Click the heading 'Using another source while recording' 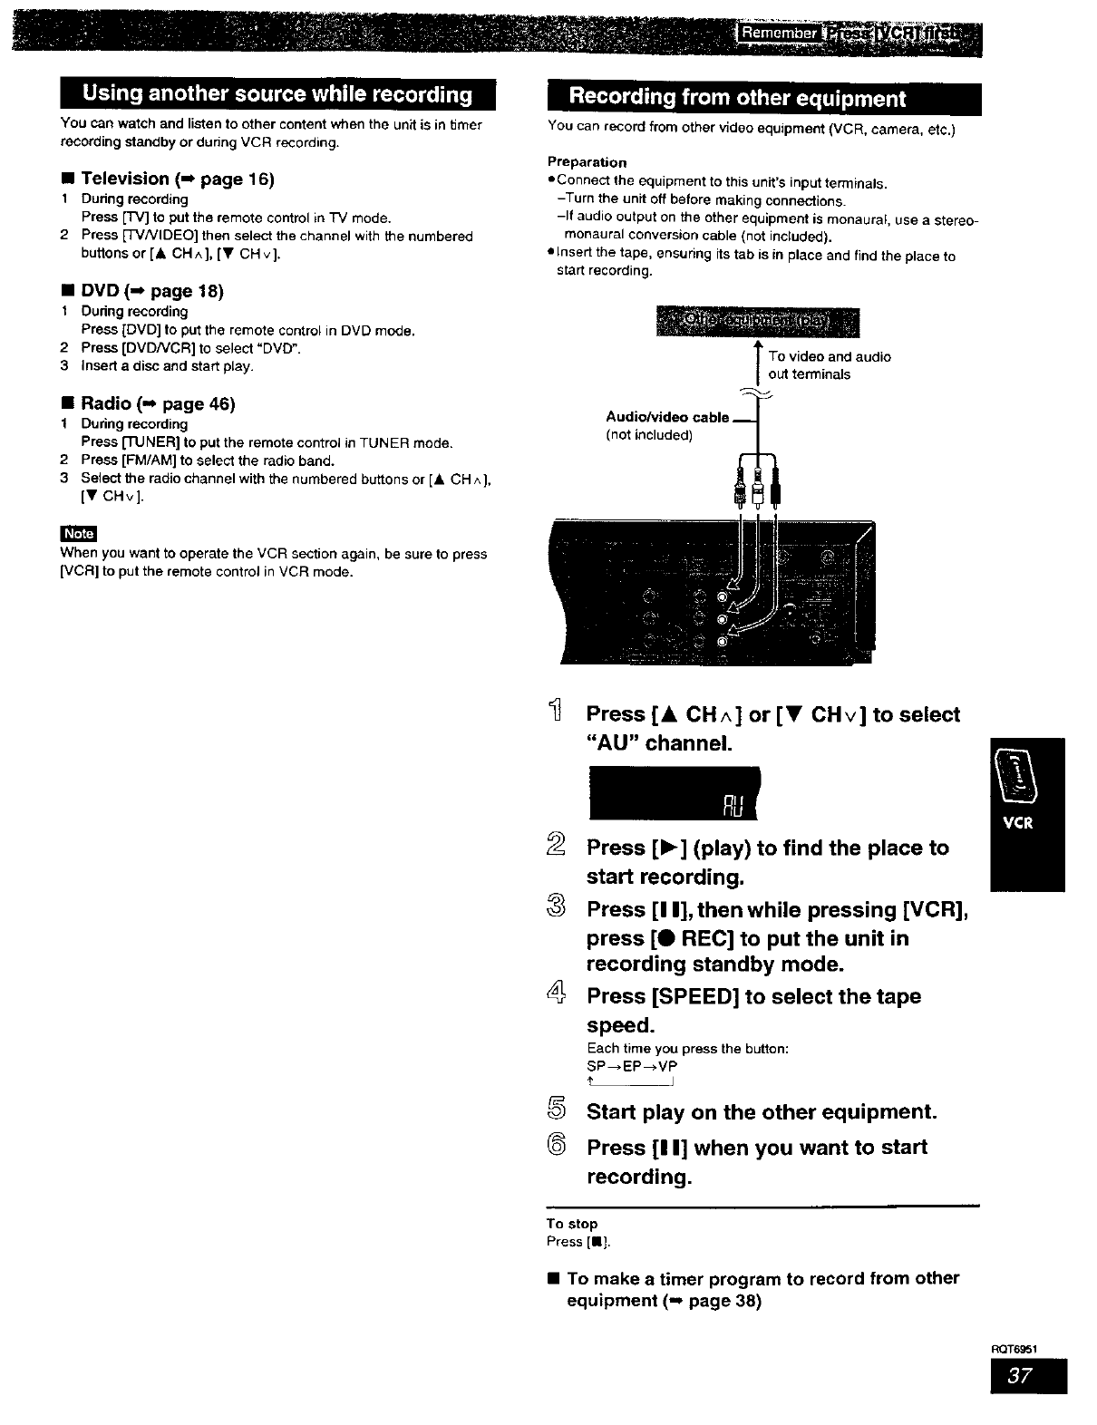(x=277, y=95)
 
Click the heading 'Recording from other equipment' (x=736, y=99)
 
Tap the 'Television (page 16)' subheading (x=177, y=179)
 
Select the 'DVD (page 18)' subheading (x=151, y=291)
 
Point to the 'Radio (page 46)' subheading (x=158, y=404)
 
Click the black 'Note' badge (x=78, y=534)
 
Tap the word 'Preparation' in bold (x=587, y=162)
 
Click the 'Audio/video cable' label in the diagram (x=667, y=418)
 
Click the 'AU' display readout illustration (x=674, y=792)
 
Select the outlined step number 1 (x=556, y=715)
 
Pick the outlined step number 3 (x=556, y=909)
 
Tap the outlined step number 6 (x=556, y=1148)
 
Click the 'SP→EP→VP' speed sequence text (x=632, y=1067)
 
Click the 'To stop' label (x=571, y=1224)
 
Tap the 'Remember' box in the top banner (x=777, y=36)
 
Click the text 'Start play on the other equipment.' (x=762, y=1112)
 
